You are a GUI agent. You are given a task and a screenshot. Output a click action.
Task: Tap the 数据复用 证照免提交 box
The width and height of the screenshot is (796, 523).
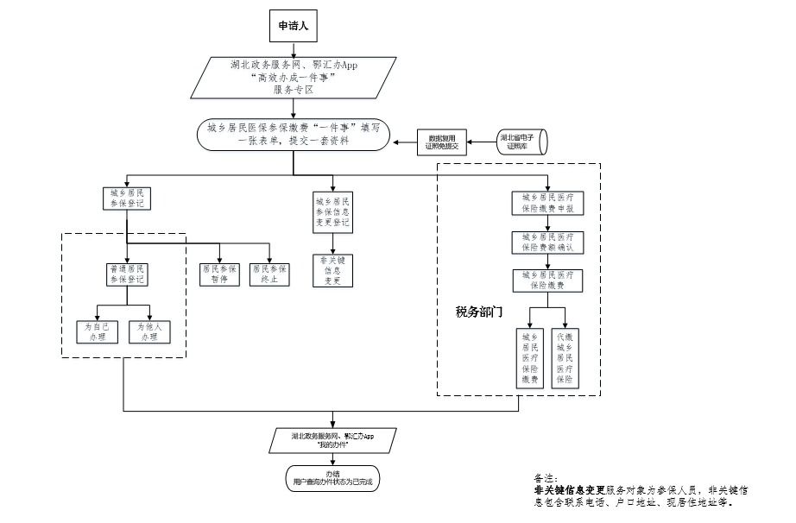click(441, 142)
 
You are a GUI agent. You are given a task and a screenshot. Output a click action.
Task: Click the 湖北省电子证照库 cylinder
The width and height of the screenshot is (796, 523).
click(521, 142)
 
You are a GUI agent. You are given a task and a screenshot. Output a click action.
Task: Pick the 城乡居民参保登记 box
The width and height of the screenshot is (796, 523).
click(126, 198)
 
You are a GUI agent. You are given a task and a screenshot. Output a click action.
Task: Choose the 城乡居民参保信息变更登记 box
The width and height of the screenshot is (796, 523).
click(332, 211)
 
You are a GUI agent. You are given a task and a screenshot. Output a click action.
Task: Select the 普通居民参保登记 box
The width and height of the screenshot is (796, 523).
click(127, 274)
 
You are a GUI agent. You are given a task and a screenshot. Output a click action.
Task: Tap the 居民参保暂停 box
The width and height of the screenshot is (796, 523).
click(219, 274)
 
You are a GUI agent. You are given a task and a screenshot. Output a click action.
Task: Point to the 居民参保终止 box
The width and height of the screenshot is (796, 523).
click(269, 274)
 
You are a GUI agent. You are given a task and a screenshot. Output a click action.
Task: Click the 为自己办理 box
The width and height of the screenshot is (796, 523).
click(96, 332)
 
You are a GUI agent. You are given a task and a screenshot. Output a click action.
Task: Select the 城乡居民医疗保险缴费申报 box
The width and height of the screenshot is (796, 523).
click(547, 203)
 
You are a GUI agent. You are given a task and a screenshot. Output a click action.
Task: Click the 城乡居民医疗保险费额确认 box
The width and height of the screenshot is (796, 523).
click(547, 242)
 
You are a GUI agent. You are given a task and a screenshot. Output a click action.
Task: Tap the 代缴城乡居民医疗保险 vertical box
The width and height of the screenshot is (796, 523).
click(565, 357)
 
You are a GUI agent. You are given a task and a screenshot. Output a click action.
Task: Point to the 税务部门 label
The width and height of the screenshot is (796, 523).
click(479, 311)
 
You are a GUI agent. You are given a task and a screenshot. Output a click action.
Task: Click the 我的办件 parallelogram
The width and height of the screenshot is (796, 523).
click(332, 440)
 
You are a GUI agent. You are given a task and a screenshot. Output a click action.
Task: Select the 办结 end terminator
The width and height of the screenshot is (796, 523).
click(332, 477)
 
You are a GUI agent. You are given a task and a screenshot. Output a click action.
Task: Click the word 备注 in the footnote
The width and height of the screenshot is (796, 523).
click(546, 476)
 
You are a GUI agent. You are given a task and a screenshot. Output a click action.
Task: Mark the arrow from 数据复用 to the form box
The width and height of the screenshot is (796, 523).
click(405, 142)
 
